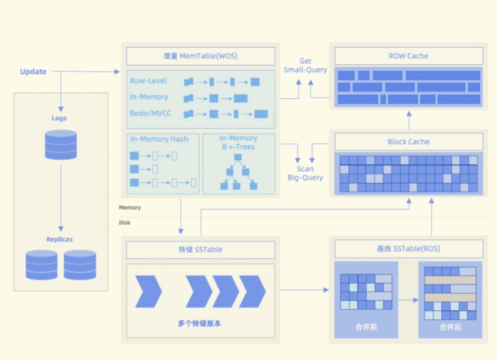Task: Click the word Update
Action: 33,72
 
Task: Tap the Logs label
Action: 59,118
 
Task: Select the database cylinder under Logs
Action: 61,144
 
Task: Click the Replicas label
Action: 59,239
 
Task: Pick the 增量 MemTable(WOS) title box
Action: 200,56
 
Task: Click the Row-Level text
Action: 148,81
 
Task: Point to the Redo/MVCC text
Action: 150,113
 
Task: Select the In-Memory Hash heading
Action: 159,139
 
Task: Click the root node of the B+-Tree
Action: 238,157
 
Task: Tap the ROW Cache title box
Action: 409,56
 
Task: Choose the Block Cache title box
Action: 409,142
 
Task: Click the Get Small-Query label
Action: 305,66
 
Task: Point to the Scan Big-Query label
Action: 305,173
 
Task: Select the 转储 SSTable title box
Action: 200,250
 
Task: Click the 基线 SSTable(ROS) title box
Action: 409,249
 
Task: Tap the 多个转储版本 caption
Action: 199,324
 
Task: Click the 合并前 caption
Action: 366,327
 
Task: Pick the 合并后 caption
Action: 450,327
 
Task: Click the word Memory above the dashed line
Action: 130,207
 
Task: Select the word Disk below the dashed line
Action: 124,222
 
